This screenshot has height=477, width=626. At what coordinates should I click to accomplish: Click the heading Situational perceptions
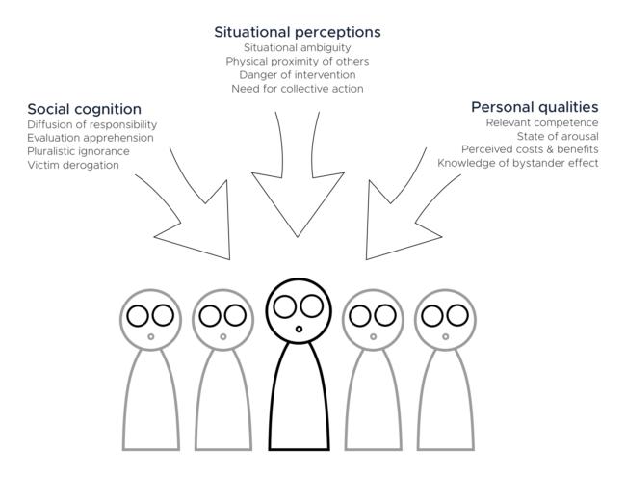pyautogui.click(x=297, y=32)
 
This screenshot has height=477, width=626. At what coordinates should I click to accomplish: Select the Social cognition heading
pyautogui.click(x=85, y=109)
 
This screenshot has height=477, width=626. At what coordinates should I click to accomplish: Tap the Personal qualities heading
pyautogui.click(x=535, y=107)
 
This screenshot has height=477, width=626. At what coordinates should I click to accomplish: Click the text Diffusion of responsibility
pyautogui.click(x=92, y=125)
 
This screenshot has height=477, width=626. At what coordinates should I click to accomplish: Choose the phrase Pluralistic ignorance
pyautogui.click(x=78, y=151)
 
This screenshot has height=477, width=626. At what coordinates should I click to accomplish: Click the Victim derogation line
pyautogui.click(x=73, y=165)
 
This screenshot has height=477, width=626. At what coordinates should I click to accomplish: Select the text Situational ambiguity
pyautogui.click(x=297, y=47)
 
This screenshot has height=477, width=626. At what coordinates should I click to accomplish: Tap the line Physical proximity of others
pyautogui.click(x=297, y=61)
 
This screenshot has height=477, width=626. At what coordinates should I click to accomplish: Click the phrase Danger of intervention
pyautogui.click(x=297, y=74)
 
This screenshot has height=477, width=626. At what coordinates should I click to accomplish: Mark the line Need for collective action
pyautogui.click(x=297, y=89)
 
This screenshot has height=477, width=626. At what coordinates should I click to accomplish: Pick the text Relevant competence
pyautogui.click(x=542, y=123)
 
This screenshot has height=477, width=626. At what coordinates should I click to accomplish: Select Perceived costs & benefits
pyautogui.click(x=530, y=149)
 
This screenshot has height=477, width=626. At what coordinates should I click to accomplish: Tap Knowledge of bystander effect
pyautogui.click(x=518, y=163)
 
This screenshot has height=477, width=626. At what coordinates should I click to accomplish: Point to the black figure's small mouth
pyautogui.click(x=299, y=330)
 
